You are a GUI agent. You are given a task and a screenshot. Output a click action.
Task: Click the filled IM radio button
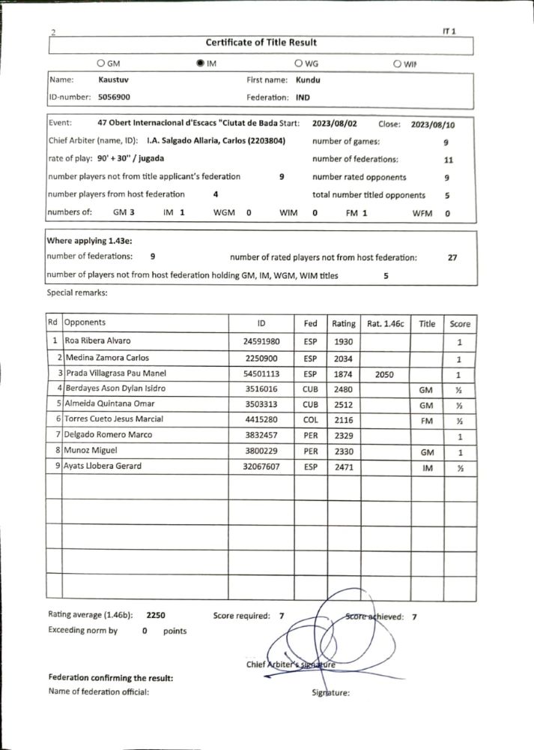tap(200, 64)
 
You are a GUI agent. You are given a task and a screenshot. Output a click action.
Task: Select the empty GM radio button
tap(102, 64)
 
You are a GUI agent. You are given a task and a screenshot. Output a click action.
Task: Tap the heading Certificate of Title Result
tap(261, 43)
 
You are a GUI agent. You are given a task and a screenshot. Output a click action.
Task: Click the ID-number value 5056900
tap(114, 97)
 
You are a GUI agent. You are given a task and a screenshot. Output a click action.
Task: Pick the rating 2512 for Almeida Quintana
tap(344, 404)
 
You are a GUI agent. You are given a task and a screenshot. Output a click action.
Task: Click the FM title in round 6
tap(427, 420)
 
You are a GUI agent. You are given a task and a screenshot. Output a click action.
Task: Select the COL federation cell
tap(311, 420)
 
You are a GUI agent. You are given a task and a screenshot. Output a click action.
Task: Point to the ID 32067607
tap(261, 466)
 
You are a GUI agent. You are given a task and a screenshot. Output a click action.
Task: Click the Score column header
tap(460, 324)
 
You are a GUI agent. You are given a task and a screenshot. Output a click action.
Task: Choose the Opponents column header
tap(85, 323)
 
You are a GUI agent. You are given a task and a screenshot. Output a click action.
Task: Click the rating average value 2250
tap(156, 616)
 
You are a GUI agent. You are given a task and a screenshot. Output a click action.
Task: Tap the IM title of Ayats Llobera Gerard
tap(427, 466)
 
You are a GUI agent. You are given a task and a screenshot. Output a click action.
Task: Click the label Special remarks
tap(77, 293)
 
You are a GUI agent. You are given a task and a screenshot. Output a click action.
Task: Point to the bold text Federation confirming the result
tap(111, 678)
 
